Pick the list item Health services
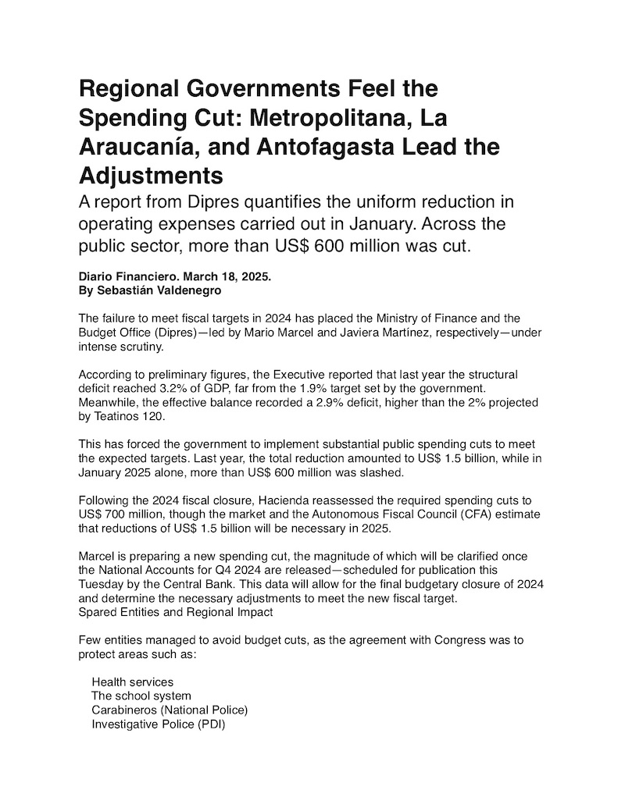click(133, 682)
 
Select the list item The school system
click(141, 696)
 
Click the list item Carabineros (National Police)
click(170, 710)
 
